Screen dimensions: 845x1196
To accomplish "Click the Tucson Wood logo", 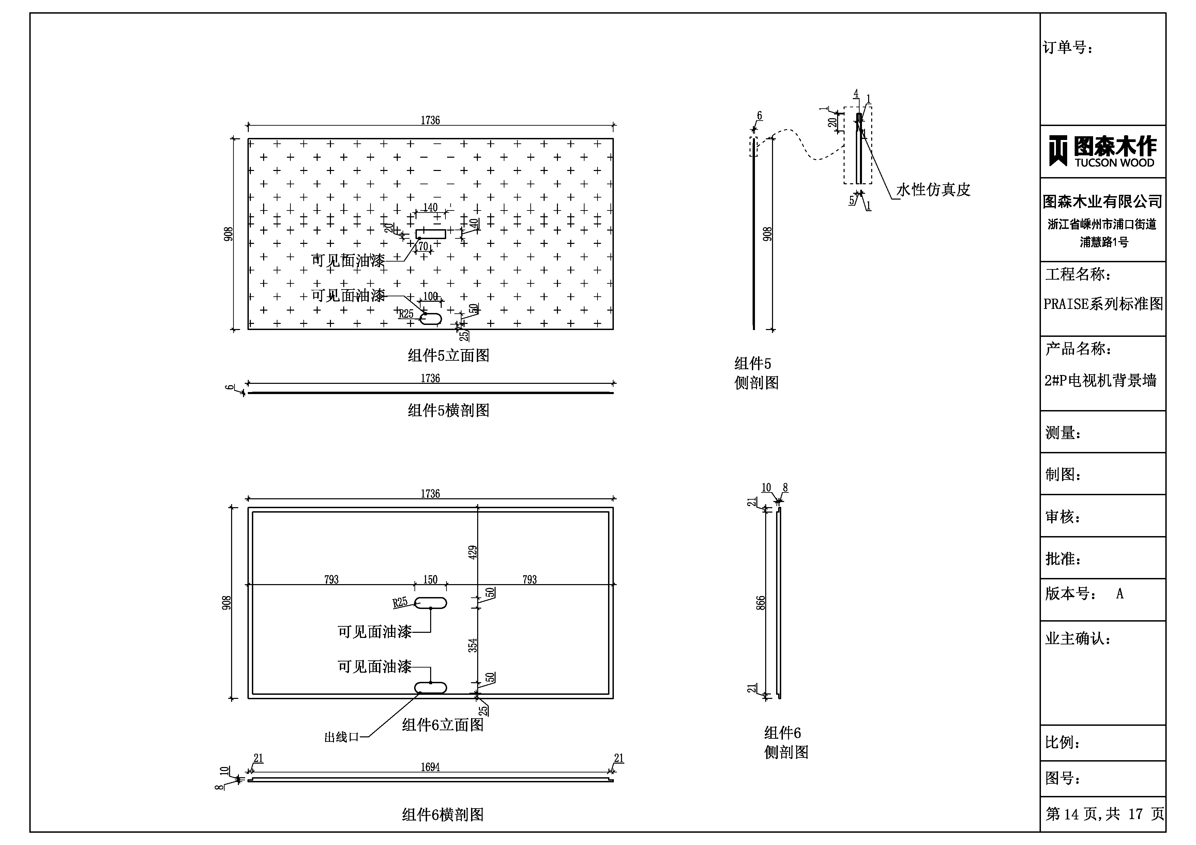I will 1102,152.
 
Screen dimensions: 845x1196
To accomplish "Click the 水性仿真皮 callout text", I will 933,190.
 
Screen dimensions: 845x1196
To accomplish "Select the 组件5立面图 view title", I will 449,356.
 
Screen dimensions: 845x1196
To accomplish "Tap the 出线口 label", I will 341,737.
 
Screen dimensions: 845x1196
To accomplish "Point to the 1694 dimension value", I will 430,767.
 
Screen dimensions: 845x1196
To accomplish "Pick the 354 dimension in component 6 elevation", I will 472,645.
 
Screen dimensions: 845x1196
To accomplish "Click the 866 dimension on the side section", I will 761,603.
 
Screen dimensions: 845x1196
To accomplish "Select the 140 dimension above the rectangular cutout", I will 430,208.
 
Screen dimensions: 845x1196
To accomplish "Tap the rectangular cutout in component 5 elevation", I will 431,234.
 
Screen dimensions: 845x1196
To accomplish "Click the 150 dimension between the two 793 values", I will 430,579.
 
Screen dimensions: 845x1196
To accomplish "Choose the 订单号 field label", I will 1068,48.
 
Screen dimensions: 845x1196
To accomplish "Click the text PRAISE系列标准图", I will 1103,304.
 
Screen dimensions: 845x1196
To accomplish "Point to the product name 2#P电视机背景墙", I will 1100,380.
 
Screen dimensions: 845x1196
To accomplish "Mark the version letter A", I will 1119,594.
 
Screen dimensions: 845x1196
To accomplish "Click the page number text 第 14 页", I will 1072,814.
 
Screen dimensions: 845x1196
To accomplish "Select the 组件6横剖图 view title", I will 443,815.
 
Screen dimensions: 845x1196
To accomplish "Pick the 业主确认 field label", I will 1077,639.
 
